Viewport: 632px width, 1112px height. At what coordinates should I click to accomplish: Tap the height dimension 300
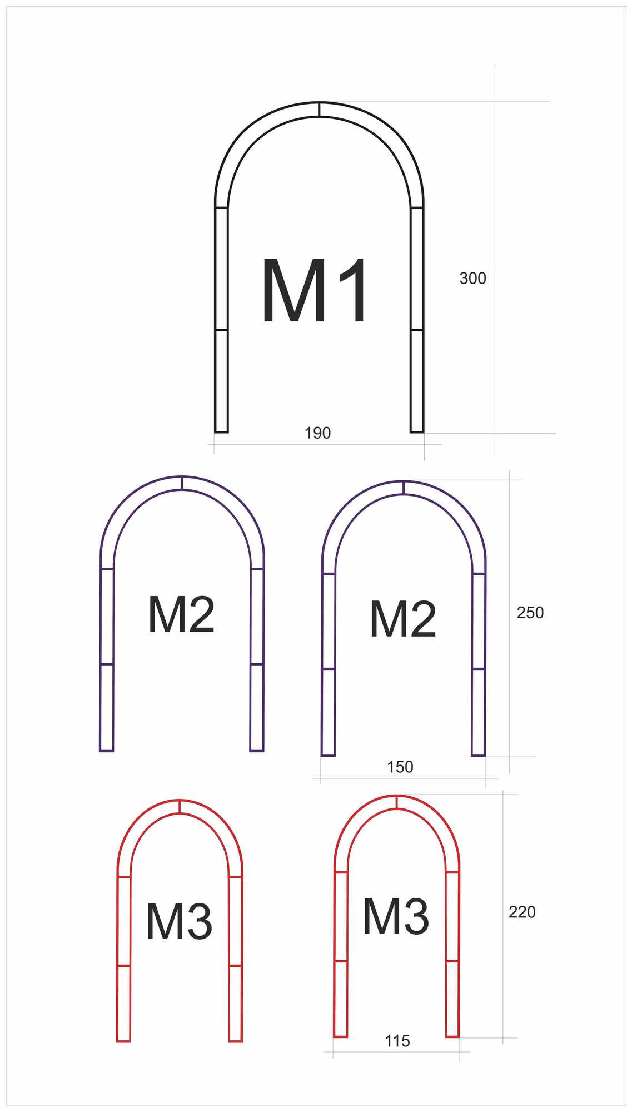472,278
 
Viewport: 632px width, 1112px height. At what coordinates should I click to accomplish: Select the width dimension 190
317,433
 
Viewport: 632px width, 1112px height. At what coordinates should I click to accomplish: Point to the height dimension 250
530,613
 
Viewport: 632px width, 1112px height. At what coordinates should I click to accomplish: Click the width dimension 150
400,767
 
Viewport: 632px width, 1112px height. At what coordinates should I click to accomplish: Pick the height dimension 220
522,912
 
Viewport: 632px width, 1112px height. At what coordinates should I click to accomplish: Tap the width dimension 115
397,1041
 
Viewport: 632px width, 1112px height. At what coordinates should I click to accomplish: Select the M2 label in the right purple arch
403,619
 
